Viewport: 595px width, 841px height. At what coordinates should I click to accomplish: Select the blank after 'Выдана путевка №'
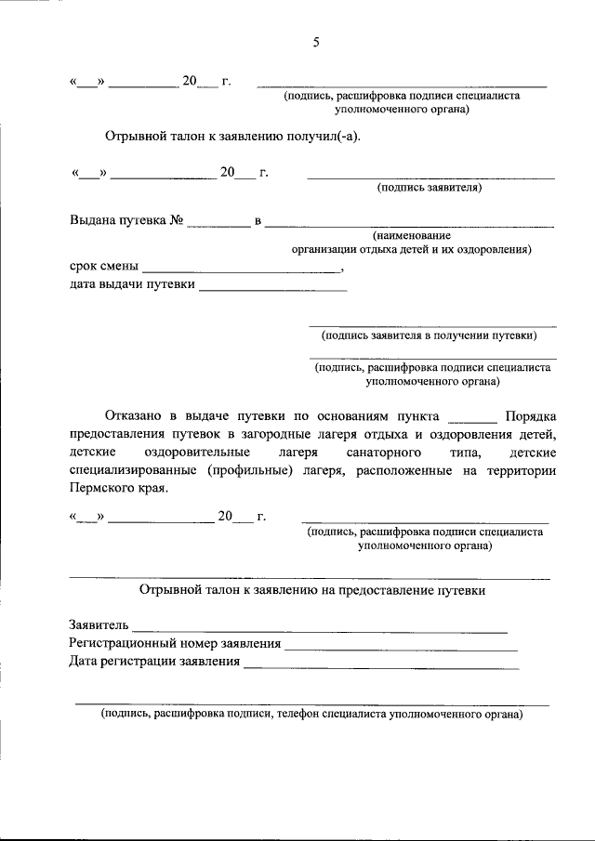(x=218, y=224)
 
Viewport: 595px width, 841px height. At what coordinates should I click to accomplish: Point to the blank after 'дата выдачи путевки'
(x=272, y=289)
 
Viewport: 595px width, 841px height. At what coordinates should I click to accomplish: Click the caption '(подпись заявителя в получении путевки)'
(x=429, y=335)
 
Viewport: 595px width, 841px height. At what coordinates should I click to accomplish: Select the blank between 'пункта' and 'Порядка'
(x=472, y=418)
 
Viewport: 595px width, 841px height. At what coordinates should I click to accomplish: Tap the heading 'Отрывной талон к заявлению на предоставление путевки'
(x=311, y=590)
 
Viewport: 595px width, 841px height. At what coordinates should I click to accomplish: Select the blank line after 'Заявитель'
(x=321, y=629)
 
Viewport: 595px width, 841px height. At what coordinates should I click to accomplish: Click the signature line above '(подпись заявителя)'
(x=431, y=177)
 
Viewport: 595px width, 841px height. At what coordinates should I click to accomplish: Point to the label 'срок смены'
(x=104, y=267)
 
